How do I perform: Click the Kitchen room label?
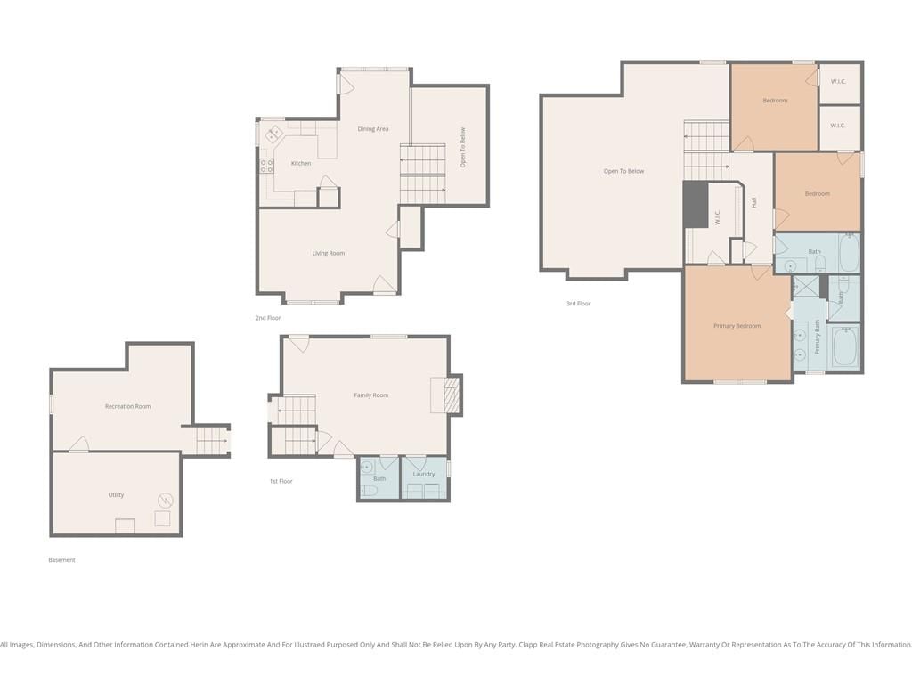[301, 164]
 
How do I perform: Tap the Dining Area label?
[373, 129]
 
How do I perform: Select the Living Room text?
[328, 253]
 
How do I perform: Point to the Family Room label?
[371, 395]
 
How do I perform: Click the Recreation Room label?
[127, 406]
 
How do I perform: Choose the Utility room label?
[116, 495]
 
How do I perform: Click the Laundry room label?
[423, 474]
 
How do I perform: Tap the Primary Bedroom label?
[737, 326]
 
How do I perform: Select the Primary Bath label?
[818, 337]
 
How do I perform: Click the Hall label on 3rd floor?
[753, 203]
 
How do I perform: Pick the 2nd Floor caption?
[267, 318]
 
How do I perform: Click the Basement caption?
[61, 560]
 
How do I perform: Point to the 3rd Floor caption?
[578, 304]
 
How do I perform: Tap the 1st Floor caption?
[281, 482]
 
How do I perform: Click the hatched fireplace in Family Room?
[452, 395]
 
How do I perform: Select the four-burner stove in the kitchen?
[266, 166]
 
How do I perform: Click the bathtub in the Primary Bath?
[845, 347]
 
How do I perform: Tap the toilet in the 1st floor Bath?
[369, 492]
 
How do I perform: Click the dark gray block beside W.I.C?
[695, 204]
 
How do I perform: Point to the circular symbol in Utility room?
[166, 501]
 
